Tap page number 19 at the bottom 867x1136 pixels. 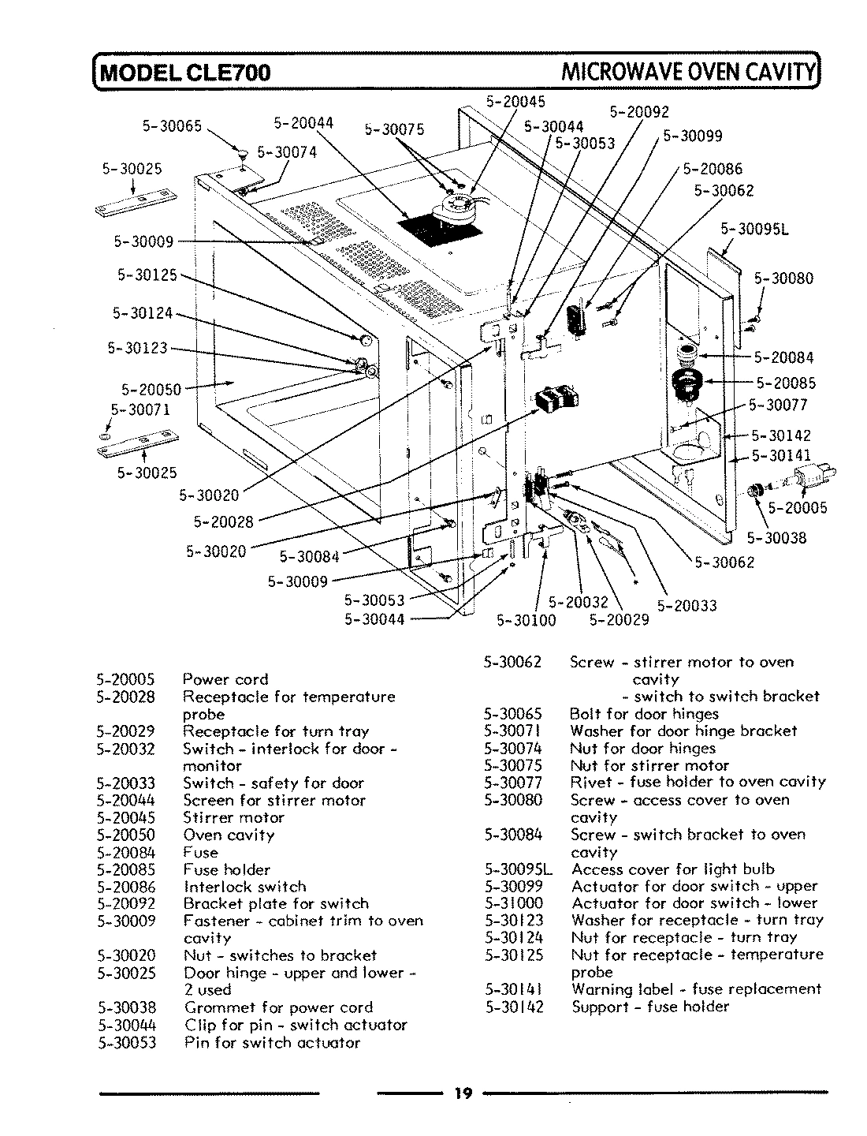pos(463,1093)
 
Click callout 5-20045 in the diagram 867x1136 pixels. pos(515,101)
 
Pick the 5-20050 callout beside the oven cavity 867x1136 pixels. pos(151,389)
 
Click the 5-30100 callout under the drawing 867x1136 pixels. pos(527,620)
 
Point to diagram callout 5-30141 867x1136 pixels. pos(780,454)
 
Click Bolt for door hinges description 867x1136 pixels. pos(644,714)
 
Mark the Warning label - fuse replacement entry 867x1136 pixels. pos(696,989)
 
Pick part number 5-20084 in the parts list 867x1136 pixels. pos(126,853)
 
